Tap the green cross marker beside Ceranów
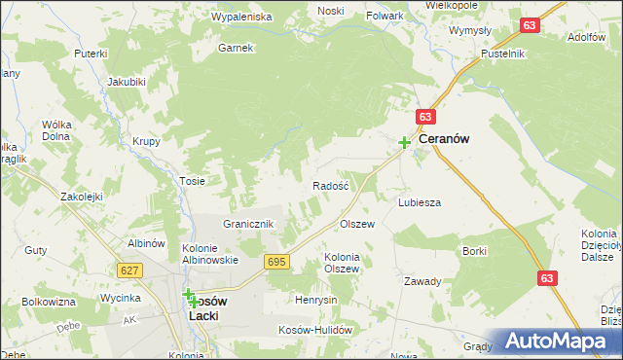pos(404,142)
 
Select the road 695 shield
pos(275,262)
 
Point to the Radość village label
pos(330,185)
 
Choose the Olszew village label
pos(356,224)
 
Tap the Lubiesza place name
pos(420,202)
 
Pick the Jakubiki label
pos(127,81)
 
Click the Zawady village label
pos(423,280)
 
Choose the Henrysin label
pos(316,300)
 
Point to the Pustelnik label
pos(502,53)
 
